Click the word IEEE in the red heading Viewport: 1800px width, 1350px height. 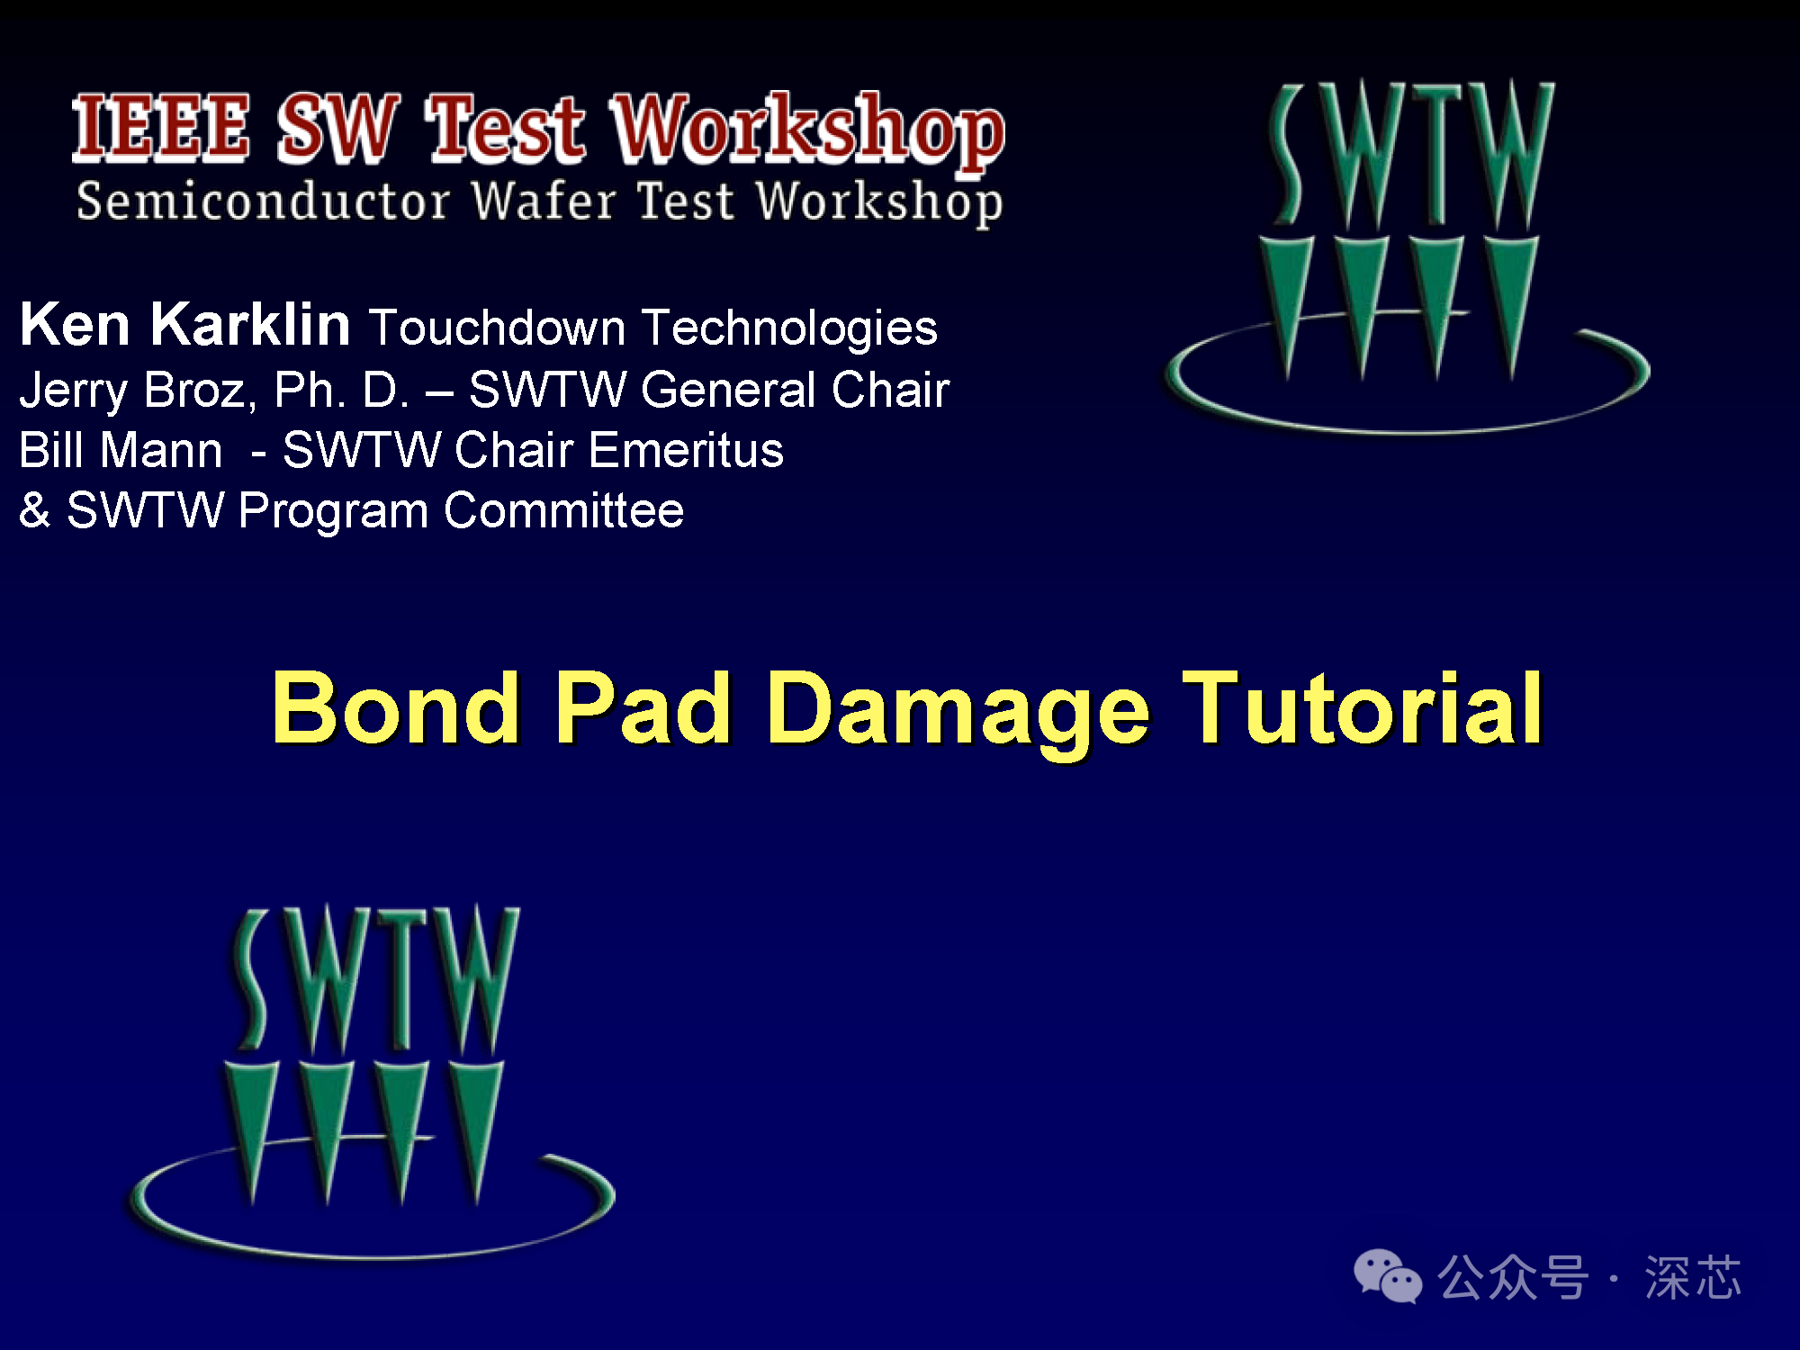(x=160, y=128)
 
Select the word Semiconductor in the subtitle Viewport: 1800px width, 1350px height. (x=263, y=200)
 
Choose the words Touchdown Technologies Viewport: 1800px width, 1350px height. (x=653, y=327)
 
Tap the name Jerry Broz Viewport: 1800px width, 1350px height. (x=132, y=391)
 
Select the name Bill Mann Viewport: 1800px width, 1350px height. (x=121, y=450)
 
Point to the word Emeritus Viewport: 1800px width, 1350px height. (x=686, y=450)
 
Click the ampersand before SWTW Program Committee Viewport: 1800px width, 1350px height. (x=34, y=510)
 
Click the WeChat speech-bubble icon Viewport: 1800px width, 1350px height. (x=1387, y=1276)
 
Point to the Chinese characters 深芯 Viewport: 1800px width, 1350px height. (x=1693, y=1277)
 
